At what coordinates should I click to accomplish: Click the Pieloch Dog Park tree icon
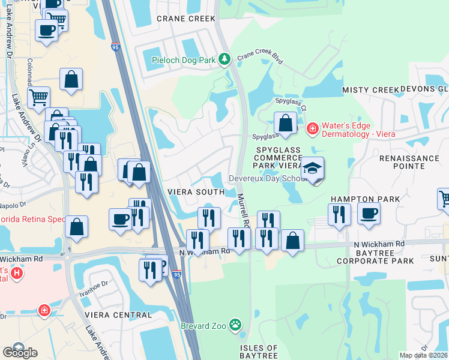(x=224, y=59)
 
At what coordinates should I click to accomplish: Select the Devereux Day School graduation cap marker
(x=312, y=169)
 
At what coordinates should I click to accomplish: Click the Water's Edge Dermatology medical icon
(x=312, y=128)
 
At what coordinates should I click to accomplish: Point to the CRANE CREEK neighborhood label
(x=185, y=19)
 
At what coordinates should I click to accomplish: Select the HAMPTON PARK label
(x=360, y=199)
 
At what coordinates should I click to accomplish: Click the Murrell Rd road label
(x=243, y=209)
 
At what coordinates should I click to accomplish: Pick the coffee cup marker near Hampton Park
(x=369, y=212)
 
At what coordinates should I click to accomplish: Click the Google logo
(x=20, y=352)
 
